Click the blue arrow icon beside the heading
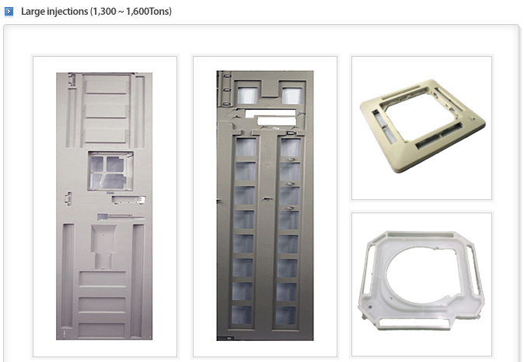(x=9, y=12)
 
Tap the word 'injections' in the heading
(x=68, y=12)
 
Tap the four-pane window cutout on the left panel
(x=110, y=171)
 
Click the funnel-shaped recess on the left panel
(x=103, y=247)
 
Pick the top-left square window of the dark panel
(x=248, y=95)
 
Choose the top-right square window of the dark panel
(x=292, y=95)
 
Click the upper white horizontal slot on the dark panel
(x=271, y=113)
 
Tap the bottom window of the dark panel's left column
(x=242, y=315)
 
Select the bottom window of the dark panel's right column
(x=286, y=315)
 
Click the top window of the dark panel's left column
(x=246, y=147)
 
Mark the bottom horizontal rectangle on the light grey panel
(x=102, y=329)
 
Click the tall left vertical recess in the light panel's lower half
(x=68, y=276)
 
